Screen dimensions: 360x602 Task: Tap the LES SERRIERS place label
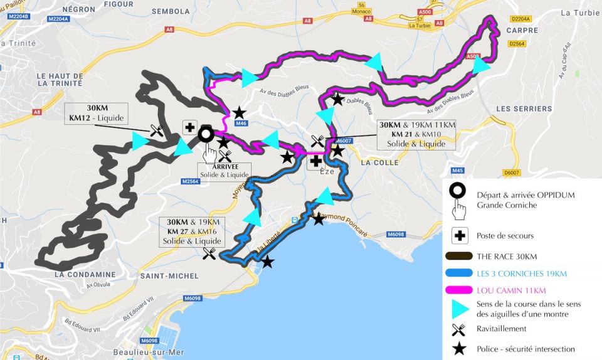[520, 109]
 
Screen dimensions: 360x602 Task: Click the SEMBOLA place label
[171, 11]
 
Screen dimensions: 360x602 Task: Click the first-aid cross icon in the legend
[459, 235]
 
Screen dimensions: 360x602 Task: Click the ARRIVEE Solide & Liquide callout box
[225, 171]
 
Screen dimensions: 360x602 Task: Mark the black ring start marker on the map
[205, 134]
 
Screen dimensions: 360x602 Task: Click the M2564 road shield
[190, 181]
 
